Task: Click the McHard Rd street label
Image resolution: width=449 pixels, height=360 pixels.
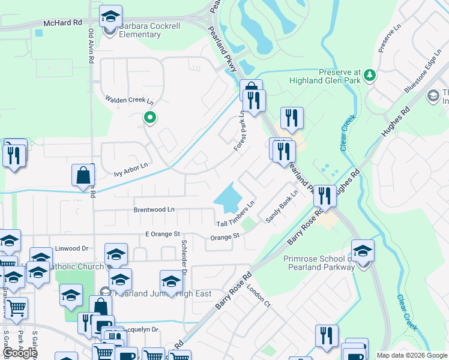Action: click(x=62, y=23)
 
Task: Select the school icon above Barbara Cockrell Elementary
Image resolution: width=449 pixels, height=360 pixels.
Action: click(x=110, y=16)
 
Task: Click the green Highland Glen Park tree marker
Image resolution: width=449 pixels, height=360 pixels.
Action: click(x=370, y=75)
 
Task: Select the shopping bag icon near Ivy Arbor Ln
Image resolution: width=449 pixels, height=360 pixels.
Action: click(x=82, y=176)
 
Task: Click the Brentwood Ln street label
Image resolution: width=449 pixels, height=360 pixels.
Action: click(x=154, y=210)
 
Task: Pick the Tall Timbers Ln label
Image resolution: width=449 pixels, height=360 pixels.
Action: click(x=236, y=215)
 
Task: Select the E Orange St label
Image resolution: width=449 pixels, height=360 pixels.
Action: click(x=162, y=233)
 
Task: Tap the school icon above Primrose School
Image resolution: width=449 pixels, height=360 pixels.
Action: click(x=363, y=251)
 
